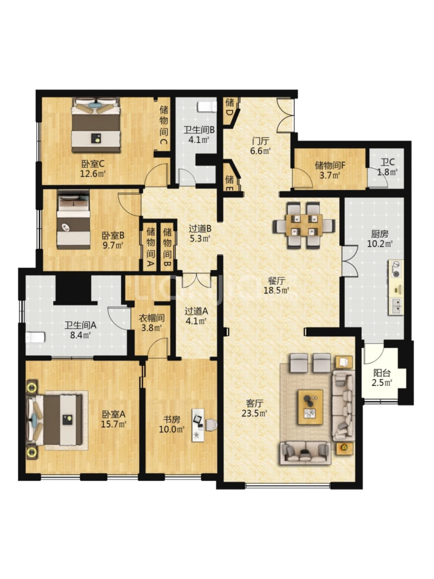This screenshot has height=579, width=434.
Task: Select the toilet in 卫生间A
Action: coord(35,337)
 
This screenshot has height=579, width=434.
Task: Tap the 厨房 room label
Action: coord(380,234)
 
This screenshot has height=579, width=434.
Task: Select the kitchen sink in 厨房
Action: coord(396,306)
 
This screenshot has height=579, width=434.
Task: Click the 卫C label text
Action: coord(387,162)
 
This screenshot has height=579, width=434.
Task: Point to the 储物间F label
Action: coord(330,165)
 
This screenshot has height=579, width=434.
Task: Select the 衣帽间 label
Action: coord(151,318)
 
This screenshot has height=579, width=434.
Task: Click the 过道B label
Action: coord(200,229)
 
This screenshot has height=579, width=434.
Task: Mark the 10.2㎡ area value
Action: coord(380,244)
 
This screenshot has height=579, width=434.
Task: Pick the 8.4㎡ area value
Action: coord(80,335)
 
